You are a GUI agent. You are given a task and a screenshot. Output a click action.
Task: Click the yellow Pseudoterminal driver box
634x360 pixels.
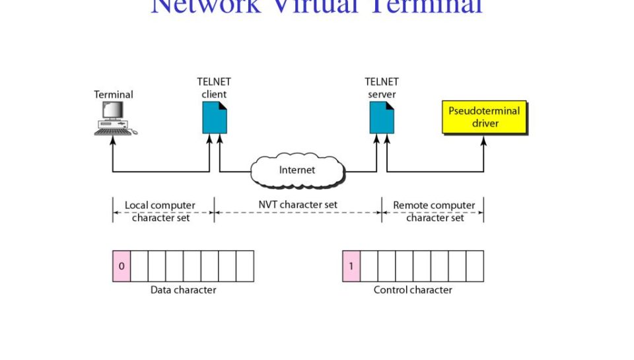pyautogui.click(x=484, y=117)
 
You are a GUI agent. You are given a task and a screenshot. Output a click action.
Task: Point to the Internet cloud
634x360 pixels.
pyautogui.click(x=297, y=170)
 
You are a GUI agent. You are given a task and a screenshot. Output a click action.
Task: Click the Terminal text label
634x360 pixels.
pyautogui.click(x=114, y=94)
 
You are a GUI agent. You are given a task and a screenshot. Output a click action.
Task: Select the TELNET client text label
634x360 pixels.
pyautogui.click(x=214, y=88)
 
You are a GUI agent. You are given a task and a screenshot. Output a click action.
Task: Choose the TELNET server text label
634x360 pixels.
pyautogui.click(x=382, y=88)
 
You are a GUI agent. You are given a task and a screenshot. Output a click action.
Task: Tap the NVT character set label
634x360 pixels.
pyautogui.click(x=298, y=205)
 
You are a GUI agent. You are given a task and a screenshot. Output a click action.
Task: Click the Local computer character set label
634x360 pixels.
pyautogui.click(x=161, y=211)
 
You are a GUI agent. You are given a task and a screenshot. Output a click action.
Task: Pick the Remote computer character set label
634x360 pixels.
pyautogui.click(x=435, y=211)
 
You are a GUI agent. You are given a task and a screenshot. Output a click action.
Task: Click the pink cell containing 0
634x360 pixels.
pyautogui.click(x=122, y=266)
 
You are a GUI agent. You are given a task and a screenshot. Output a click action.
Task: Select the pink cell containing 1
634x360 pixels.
pyautogui.click(x=351, y=266)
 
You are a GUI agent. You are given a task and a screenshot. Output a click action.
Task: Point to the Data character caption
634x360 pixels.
pyautogui.click(x=183, y=289)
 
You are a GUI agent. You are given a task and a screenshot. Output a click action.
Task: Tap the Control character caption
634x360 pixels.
pyautogui.click(x=413, y=289)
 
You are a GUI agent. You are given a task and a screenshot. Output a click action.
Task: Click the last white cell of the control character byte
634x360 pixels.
pyautogui.click(x=475, y=266)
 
